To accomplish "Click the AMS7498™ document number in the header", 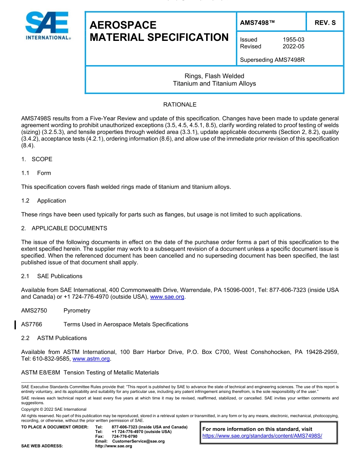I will point(257,23).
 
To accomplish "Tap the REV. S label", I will point(325,23).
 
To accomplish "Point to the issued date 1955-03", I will point(293,39).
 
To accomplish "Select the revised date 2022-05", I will point(293,47).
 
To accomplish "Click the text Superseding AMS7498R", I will point(272,60).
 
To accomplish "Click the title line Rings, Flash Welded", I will point(214,76).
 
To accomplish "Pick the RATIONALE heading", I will point(180,104).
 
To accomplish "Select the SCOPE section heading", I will point(42,159).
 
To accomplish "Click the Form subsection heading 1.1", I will point(44,173).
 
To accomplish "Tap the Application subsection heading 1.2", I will point(52,201).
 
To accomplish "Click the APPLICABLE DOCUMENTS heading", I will point(69,228).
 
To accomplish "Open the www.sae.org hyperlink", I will point(167,297).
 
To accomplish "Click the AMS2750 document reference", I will point(34,311).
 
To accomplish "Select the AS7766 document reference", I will point(32,324).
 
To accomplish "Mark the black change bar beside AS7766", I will point(15,324).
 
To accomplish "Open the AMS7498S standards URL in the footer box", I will point(262,436).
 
